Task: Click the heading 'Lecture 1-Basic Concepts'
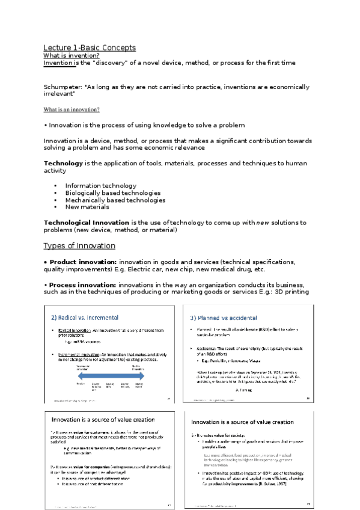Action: coord(90,48)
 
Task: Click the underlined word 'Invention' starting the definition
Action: coord(58,63)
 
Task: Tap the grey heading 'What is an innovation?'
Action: coord(72,109)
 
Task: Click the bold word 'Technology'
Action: coord(63,164)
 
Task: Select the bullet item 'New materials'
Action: coord(87,207)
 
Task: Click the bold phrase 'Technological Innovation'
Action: coord(86,223)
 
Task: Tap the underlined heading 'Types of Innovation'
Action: coord(79,246)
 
